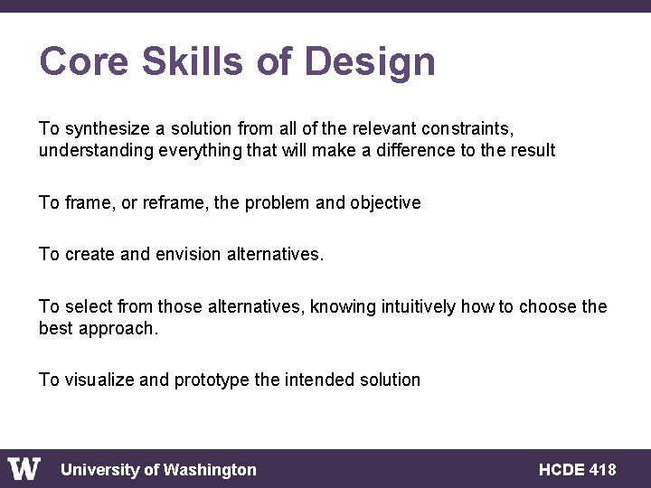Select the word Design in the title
coord(370,62)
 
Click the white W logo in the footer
coord(24,469)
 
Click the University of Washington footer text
coord(158,470)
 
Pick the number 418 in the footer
coord(602,470)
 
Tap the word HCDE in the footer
coord(561,470)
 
